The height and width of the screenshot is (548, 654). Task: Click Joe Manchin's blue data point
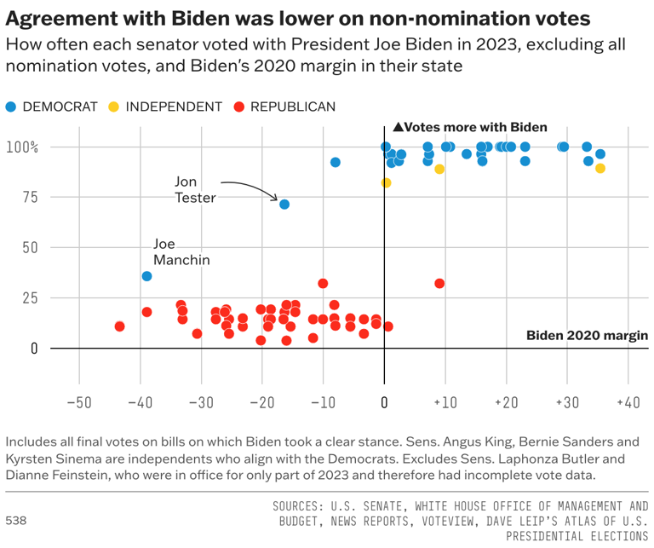point(146,276)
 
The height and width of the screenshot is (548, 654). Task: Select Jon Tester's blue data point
point(284,205)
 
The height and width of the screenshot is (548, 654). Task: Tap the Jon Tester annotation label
point(195,189)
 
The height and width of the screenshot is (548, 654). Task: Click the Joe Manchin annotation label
point(181,252)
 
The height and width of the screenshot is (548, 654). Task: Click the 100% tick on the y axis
point(23,147)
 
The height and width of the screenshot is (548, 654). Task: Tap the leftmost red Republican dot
point(119,326)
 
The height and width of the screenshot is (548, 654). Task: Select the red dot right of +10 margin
point(439,283)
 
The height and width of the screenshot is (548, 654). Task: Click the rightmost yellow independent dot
point(600,168)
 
